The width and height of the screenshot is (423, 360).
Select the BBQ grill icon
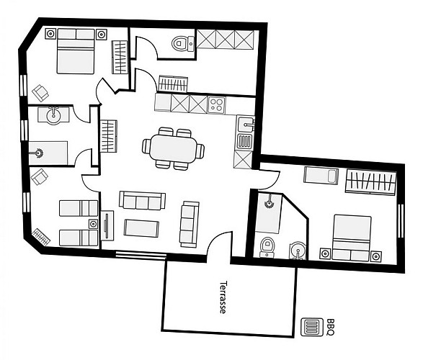click(312, 328)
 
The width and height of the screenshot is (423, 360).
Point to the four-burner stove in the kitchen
click(217, 104)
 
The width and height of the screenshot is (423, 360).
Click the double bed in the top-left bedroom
click(76, 51)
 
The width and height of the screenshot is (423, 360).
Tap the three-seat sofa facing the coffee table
click(143, 199)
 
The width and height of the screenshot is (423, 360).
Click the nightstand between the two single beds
click(93, 224)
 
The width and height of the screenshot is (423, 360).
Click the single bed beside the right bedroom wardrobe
click(321, 175)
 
